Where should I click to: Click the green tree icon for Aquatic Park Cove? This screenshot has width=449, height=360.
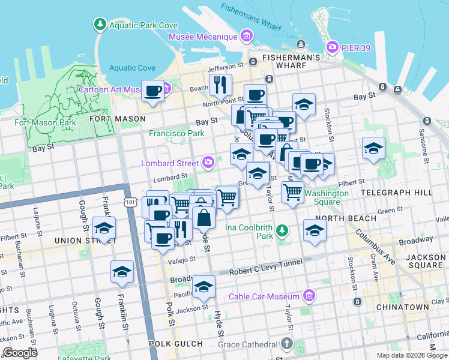point(99,24)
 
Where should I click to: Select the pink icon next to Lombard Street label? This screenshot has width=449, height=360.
point(208,161)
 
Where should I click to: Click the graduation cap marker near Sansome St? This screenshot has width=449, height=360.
point(373,148)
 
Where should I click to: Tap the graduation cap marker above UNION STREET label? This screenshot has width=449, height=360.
point(104,228)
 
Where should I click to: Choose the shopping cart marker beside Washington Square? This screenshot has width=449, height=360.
point(292,192)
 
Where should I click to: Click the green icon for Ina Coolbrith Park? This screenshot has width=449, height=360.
point(282,230)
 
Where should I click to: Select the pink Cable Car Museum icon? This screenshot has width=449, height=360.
point(309,296)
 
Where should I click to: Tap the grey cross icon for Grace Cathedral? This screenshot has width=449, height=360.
point(287,344)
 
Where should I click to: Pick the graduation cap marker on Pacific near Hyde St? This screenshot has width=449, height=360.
point(203,286)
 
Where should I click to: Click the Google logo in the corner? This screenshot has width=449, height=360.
point(21,353)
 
